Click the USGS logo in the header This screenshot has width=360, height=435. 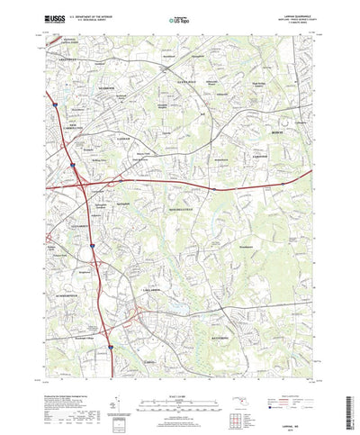click(51, 17)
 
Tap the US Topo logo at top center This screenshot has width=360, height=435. click(178, 18)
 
